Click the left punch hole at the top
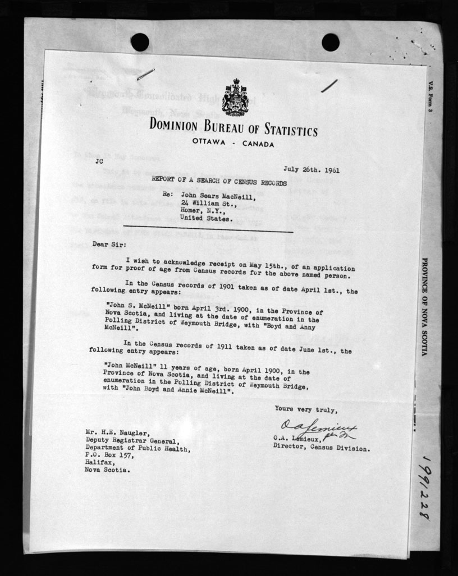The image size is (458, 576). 140,42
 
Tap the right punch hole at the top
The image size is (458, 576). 330,42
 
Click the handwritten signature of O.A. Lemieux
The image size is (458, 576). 317,430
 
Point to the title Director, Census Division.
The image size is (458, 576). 321,448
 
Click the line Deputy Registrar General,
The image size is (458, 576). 132,442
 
